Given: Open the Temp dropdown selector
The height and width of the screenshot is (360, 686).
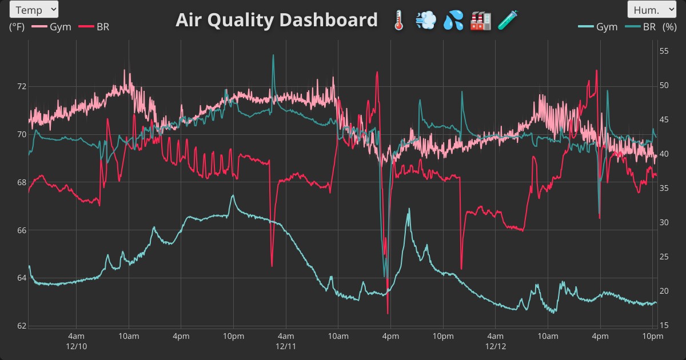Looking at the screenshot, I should [x=34, y=9].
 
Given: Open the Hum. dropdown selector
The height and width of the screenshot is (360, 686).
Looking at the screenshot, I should [x=652, y=9].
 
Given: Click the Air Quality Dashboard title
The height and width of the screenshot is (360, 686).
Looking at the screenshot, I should [x=277, y=20].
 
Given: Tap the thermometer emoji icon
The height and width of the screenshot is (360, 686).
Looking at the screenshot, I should [x=399, y=21].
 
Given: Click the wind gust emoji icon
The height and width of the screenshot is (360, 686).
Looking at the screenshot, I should [x=426, y=21].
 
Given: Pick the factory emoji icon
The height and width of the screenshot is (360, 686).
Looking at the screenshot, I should [x=480, y=21].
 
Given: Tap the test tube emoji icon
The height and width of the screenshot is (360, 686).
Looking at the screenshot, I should [x=507, y=21].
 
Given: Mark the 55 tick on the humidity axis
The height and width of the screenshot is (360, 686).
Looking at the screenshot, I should [x=664, y=51].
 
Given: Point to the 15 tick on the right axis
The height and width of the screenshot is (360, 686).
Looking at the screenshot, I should [x=664, y=326].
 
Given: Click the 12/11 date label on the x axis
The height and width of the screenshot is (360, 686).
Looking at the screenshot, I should [x=285, y=346].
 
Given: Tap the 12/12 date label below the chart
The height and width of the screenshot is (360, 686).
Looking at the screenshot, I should [x=495, y=346].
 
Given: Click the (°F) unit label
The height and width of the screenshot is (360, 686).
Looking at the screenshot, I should [x=17, y=27].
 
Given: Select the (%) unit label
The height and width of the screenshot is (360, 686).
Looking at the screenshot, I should [x=669, y=27].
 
